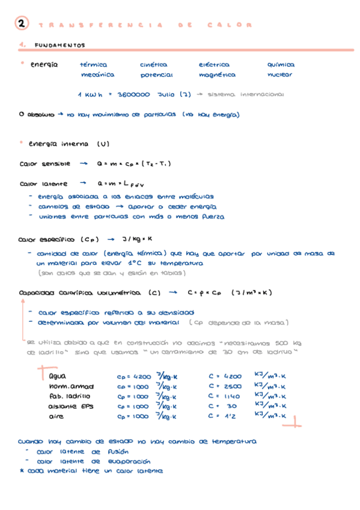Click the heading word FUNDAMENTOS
pyautogui.click(x=60, y=45)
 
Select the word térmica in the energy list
pyautogui.click(x=93, y=64)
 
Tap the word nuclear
pyautogui.click(x=280, y=75)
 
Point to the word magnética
pyautogui.click(x=217, y=75)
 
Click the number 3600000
pyautogui.click(x=134, y=94)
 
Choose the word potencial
pyautogui.click(x=156, y=75)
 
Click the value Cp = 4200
pyautogui.click(x=134, y=376)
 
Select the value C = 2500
pyautogui.click(x=225, y=386)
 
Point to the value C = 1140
pyautogui.click(x=225, y=396)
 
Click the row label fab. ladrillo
pyautogui.click(x=70, y=396)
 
